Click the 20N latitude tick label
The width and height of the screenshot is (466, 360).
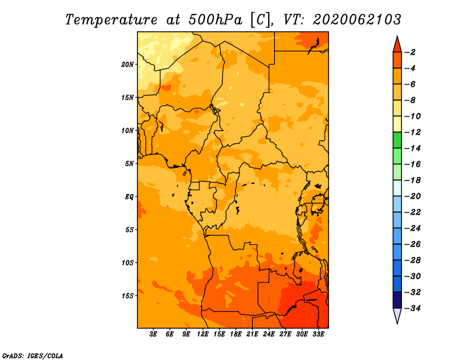click(x=128, y=65)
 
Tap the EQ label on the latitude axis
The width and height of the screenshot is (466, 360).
click(x=129, y=197)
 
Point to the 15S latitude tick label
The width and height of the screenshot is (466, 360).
click(x=128, y=296)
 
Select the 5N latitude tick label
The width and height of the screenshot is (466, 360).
click(x=129, y=164)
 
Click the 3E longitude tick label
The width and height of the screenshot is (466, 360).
click(x=153, y=334)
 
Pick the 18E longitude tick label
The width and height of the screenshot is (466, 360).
click(x=236, y=334)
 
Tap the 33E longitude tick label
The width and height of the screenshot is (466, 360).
click(x=318, y=334)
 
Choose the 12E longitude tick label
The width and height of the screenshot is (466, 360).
click(x=203, y=334)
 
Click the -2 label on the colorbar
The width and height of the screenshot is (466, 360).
click(x=410, y=52)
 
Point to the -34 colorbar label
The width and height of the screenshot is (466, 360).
click(x=412, y=308)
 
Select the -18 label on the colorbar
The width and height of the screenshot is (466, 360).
click(x=412, y=180)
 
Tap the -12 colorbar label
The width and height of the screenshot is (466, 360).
click(x=412, y=132)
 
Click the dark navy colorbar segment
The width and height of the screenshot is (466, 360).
click(x=397, y=300)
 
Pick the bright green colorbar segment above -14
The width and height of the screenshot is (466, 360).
click(x=397, y=140)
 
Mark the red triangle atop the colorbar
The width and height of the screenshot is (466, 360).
click(x=397, y=45)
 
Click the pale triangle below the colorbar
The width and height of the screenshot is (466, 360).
click(x=397, y=316)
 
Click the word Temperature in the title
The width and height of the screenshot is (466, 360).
click(x=111, y=20)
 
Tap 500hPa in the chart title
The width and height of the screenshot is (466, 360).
click(x=215, y=20)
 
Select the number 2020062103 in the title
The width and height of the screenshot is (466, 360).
click(x=357, y=20)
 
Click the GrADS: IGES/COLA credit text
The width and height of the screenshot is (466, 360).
click(x=33, y=355)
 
